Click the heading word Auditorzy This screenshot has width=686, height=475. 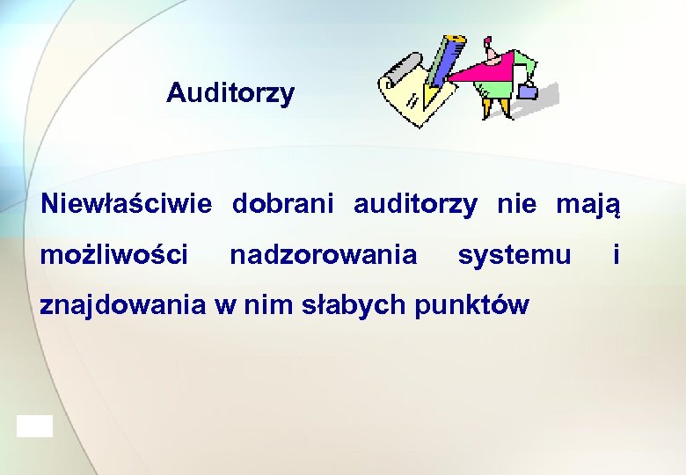[x=230, y=93]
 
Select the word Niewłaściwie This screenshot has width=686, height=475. [x=127, y=205]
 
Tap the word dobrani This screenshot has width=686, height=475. [x=283, y=205]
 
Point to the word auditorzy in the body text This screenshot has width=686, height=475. [x=415, y=205]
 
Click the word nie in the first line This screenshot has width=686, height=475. [x=515, y=205]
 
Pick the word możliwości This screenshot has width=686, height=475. [x=114, y=255]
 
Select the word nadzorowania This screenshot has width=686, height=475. [x=323, y=255]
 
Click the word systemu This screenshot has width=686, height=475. [x=514, y=256]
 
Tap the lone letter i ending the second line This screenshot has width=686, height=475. [x=617, y=254]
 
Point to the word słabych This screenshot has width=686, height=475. [x=353, y=305]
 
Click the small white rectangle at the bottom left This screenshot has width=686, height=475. [x=34, y=427]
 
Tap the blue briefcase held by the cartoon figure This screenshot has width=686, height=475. [x=529, y=89]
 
